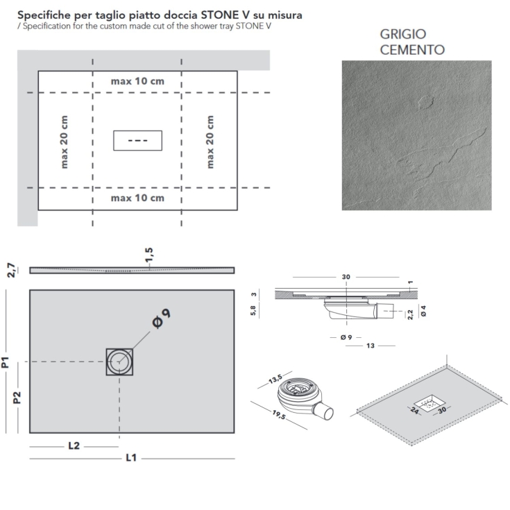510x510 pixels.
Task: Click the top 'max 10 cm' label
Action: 137,81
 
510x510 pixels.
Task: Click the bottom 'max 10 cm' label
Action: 137,198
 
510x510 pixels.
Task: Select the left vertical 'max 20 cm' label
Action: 65,142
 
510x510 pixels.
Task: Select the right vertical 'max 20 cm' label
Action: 210,142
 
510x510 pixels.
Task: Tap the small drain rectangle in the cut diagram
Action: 137,140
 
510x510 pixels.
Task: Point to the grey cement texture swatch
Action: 416,135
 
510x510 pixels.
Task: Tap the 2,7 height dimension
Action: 10,270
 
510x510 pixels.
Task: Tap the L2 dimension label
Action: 75,446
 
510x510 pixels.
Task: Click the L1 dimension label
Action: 130,459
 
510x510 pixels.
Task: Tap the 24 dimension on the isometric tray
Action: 415,411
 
